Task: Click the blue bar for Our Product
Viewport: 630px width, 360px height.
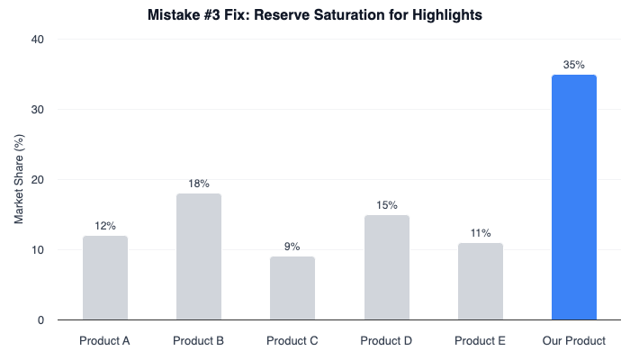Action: (574, 197)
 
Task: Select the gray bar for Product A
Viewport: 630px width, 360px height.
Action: (105, 278)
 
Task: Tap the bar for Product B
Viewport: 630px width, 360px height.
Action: (199, 256)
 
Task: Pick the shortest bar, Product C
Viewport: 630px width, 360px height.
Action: (292, 288)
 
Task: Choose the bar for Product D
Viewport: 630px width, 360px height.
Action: (386, 267)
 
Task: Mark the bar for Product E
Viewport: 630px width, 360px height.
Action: (480, 282)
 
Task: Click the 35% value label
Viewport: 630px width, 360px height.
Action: (574, 65)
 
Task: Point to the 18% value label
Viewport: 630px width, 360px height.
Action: (199, 184)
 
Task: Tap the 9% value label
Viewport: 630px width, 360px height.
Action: (292, 247)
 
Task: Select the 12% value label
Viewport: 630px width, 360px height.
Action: (105, 226)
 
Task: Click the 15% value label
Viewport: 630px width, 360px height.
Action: (386, 205)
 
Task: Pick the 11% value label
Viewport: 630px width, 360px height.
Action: (480, 233)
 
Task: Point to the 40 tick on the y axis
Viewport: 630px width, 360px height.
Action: (39, 40)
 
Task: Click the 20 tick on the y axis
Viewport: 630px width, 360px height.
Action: (39, 180)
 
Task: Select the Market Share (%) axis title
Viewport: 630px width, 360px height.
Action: (18, 180)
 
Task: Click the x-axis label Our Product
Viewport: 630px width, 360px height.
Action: (574, 341)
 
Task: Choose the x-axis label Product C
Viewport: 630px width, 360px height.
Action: (292, 341)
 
